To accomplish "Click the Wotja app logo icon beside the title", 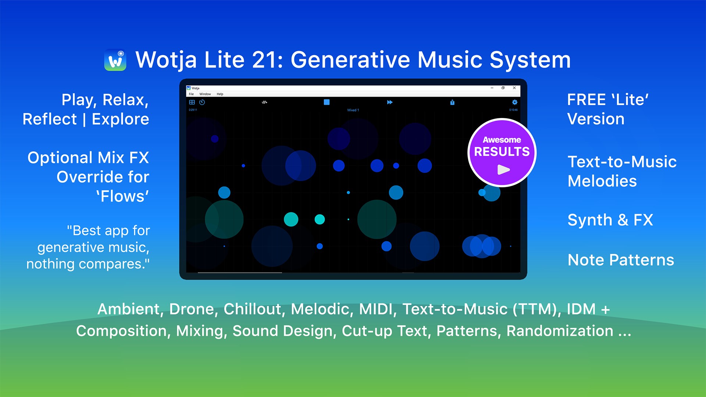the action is pyautogui.click(x=115, y=60).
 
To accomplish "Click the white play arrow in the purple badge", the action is pyautogui.click(x=503, y=169).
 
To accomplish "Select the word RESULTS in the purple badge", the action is pyautogui.click(x=502, y=151).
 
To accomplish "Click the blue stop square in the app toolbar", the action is pyautogui.click(x=327, y=102).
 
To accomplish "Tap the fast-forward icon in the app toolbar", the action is pyautogui.click(x=390, y=102).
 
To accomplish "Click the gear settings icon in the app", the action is pyautogui.click(x=515, y=102).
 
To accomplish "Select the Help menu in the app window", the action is pyautogui.click(x=220, y=94).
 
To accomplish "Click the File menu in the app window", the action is pyautogui.click(x=191, y=94).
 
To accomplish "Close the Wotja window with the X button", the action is pyautogui.click(x=514, y=88).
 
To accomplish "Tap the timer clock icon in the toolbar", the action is pyautogui.click(x=202, y=102).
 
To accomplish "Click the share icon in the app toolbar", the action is pyautogui.click(x=452, y=102).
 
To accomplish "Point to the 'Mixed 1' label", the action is pyautogui.click(x=353, y=110).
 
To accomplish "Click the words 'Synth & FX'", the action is pyautogui.click(x=610, y=220).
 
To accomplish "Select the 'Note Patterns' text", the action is pyautogui.click(x=621, y=260).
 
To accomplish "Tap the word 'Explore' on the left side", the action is pyautogui.click(x=121, y=119).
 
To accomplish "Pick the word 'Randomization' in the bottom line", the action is pyautogui.click(x=560, y=331).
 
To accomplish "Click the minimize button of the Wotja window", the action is pyautogui.click(x=492, y=88).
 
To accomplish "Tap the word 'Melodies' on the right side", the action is pyautogui.click(x=602, y=181).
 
